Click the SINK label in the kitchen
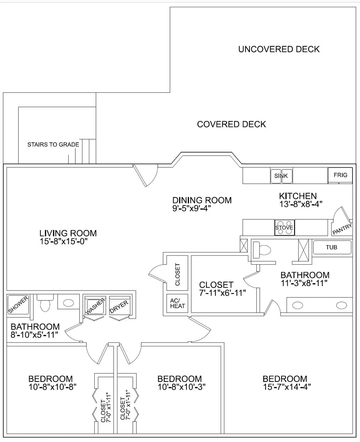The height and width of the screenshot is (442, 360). [281, 176]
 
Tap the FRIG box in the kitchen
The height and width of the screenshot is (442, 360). [340, 175]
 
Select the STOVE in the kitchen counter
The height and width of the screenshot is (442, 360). [284, 227]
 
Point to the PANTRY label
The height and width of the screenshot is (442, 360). [342, 229]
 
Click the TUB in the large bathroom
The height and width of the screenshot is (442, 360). [332, 247]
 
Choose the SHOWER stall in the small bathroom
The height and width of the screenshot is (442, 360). [18, 304]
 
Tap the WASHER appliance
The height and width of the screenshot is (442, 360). [95, 306]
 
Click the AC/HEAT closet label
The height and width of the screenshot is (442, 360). [177, 304]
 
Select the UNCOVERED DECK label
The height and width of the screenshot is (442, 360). [279, 49]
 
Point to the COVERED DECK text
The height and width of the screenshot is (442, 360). [231, 124]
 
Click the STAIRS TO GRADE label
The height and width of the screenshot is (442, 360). [53, 145]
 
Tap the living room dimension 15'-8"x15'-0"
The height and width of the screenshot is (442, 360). [63, 241]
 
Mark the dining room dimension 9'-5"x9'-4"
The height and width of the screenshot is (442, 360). [192, 208]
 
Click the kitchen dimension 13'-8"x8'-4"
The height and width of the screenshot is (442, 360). [301, 204]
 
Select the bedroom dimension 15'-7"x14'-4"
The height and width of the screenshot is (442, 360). [287, 387]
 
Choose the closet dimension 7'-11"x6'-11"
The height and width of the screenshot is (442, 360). [222, 293]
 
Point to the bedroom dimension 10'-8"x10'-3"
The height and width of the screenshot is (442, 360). [181, 387]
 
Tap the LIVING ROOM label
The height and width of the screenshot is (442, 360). [68, 233]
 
